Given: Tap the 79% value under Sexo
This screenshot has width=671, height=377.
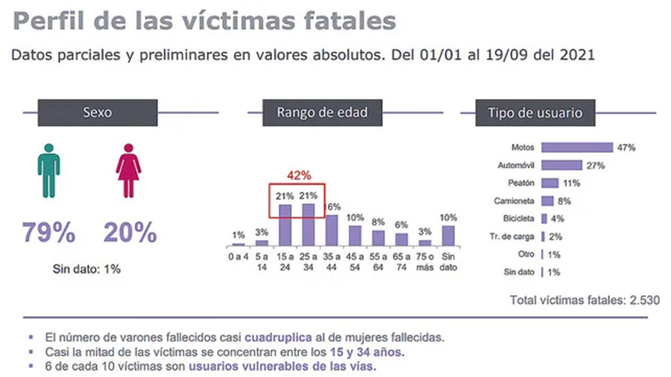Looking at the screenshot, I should click(48, 233).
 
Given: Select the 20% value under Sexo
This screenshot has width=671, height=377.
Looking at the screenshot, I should click(130, 233).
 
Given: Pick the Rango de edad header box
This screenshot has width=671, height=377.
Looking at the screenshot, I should click(322, 114).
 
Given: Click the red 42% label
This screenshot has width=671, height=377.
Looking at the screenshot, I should click(298, 176).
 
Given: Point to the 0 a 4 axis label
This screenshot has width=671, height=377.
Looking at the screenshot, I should click(239, 257).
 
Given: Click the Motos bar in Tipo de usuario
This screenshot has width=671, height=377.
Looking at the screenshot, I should click(577, 148).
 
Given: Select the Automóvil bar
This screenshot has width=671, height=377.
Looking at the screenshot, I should click(562, 165).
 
